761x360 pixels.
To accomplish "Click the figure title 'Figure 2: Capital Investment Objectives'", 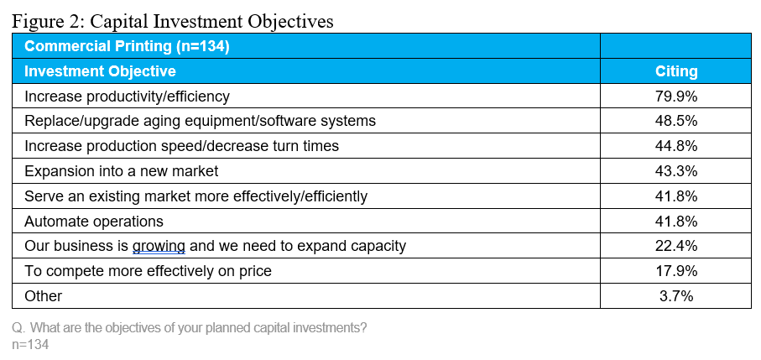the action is (x=173, y=21).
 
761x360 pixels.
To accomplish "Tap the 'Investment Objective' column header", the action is (x=100, y=71).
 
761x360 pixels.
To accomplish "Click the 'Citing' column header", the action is (x=676, y=71).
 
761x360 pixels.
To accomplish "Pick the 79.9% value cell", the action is (x=676, y=96).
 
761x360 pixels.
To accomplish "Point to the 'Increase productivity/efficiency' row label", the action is (x=127, y=97).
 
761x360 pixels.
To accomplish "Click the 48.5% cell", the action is (x=676, y=121).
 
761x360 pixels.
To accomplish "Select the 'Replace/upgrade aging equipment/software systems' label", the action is (x=200, y=122).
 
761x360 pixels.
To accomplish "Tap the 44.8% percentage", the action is (x=676, y=146).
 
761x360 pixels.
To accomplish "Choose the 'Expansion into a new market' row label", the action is (x=122, y=171).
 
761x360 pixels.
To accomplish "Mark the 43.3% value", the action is (x=676, y=171).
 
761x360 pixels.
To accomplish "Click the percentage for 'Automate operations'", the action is (x=676, y=222).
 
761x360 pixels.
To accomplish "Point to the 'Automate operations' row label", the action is (x=94, y=222).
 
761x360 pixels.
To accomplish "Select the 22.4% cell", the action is (x=676, y=247).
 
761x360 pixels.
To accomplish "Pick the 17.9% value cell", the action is (x=676, y=271).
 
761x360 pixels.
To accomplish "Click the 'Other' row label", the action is (x=43, y=296).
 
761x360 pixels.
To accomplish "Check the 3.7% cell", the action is (x=676, y=296).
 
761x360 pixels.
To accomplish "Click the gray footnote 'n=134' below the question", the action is (x=30, y=344).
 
